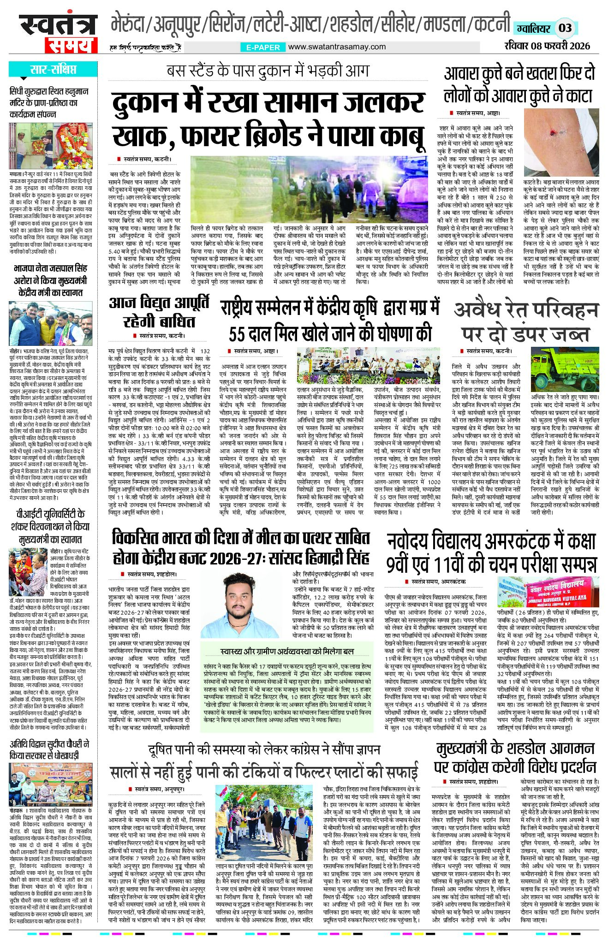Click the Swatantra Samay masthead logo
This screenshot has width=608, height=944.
(x=58, y=33)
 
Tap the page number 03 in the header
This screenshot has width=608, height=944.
(x=565, y=28)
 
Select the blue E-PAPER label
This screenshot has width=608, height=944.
(x=261, y=47)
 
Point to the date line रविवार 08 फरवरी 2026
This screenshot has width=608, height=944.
(x=547, y=46)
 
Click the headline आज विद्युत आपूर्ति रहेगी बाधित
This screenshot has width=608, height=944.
(x=159, y=312)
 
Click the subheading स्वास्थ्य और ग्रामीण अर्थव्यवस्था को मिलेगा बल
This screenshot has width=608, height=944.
(x=287, y=651)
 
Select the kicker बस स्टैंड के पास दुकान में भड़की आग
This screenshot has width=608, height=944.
(x=268, y=71)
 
